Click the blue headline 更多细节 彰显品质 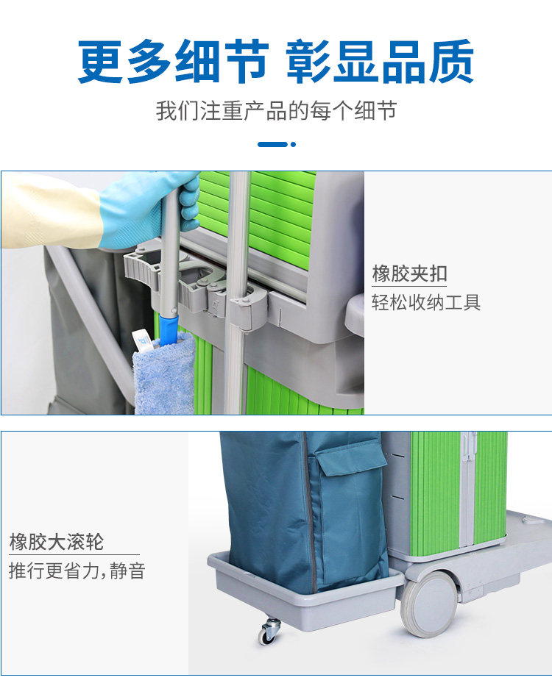(x=275, y=62)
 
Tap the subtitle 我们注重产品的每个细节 (x=277, y=110)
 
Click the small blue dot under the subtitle (x=293, y=144)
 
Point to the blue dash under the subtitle (x=272, y=144)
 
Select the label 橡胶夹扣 (x=409, y=273)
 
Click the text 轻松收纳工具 (x=426, y=302)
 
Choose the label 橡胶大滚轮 (x=57, y=543)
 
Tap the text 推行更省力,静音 (x=77, y=571)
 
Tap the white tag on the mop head (x=141, y=341)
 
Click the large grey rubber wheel (x=428, y=604)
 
